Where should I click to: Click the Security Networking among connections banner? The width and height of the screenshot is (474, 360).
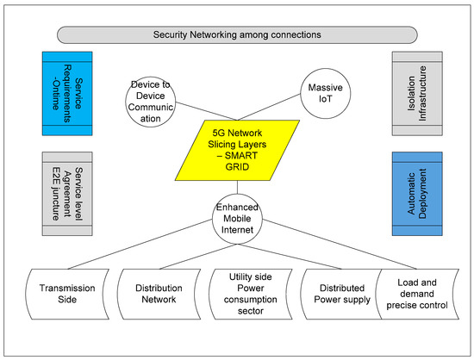237,34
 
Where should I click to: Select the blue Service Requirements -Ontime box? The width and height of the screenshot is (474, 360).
67,94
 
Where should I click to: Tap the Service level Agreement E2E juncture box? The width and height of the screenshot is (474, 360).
67,194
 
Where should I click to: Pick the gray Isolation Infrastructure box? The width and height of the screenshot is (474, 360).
417,94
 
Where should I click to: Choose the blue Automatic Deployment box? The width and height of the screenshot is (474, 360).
417,194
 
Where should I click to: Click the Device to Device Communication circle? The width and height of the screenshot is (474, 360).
151,102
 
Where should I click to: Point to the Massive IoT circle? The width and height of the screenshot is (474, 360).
326,93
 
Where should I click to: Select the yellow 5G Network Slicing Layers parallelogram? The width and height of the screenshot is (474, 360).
237,151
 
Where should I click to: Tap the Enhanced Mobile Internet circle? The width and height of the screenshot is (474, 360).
237,219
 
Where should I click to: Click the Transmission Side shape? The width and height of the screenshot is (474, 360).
67,295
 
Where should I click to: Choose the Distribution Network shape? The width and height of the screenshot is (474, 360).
159,295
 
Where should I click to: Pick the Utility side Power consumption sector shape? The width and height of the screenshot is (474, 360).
251,295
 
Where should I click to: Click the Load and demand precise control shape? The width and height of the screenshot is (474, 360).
417,295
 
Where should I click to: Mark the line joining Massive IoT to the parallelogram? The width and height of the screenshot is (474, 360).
269,107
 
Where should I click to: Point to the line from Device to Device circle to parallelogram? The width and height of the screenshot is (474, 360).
207,111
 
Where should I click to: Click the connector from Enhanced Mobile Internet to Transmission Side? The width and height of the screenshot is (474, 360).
140,244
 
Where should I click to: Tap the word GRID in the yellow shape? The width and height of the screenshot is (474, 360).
237,167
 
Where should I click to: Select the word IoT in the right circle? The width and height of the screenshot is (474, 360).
325,99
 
